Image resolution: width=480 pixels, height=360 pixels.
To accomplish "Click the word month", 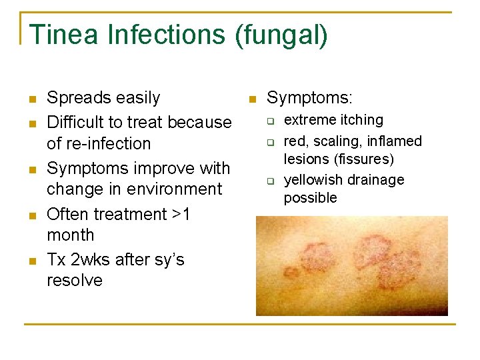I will (71, 235).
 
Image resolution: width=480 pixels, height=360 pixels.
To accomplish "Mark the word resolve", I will (75, 280).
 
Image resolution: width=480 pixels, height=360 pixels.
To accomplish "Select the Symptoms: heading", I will (309, 98).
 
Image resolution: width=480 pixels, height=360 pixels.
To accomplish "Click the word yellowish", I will (312, 180).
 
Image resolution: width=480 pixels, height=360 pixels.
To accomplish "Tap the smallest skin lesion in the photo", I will (291, 272).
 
